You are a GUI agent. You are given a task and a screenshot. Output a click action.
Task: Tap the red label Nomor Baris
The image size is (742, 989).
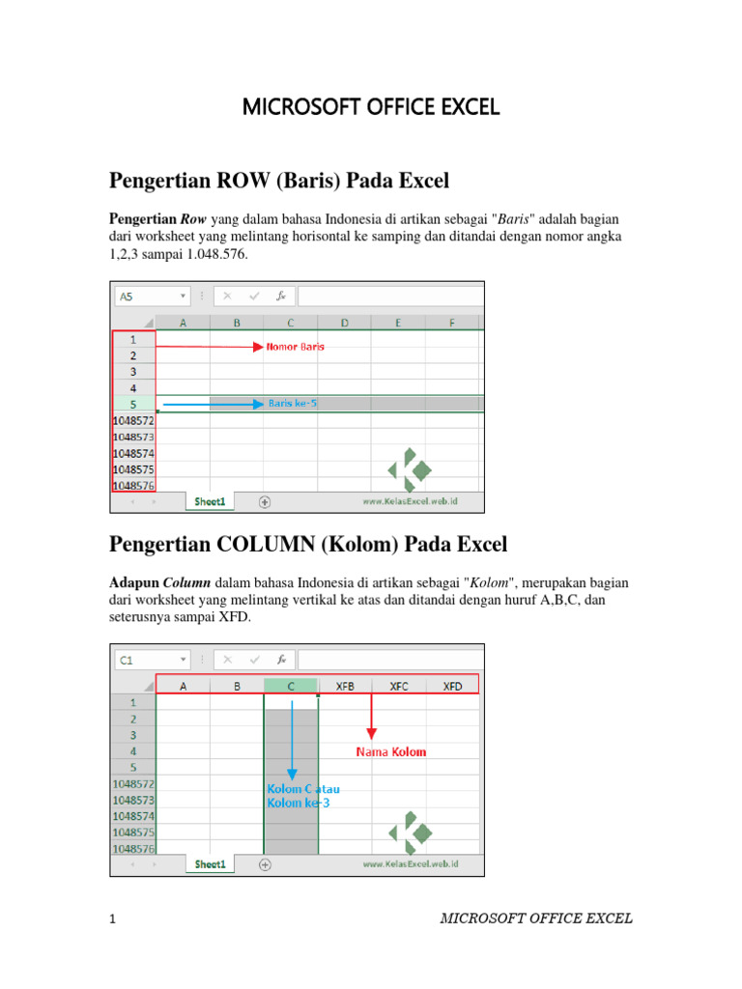point(296,346)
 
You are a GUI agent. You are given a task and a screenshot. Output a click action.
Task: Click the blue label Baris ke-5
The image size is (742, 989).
point(292,404)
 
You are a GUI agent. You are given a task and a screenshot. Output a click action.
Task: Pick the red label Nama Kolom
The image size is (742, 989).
point(391,751)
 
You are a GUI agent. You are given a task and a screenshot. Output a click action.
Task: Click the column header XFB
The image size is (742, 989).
point(344,687)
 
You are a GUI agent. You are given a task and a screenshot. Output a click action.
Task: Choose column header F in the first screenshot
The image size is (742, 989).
point(452,324)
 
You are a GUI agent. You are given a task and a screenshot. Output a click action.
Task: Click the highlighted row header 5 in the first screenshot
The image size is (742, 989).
point(133,404)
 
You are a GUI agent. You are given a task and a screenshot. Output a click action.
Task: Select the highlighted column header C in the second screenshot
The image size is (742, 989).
point(291,687)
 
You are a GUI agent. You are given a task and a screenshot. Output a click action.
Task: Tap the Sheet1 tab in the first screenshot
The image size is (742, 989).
point(210,502)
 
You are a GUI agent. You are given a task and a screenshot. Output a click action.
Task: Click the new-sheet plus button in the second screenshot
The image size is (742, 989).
point(265,865)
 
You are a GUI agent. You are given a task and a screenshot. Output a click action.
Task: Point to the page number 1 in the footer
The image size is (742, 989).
point(112,918)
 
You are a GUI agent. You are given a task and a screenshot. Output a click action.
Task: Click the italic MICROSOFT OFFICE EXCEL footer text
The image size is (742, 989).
point(536,918)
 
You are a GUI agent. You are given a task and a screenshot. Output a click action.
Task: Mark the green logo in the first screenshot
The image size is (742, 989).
point(410,470)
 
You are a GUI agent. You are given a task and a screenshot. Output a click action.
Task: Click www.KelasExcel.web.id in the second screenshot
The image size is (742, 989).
point(410,865)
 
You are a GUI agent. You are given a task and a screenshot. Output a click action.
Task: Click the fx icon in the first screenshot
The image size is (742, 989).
point(281,297)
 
